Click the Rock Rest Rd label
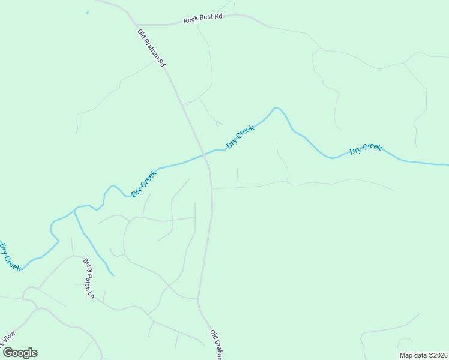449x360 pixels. (x=203, y=18)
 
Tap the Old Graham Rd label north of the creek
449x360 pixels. (x=151, y=48)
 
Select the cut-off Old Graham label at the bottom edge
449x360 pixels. (x=217, y=344)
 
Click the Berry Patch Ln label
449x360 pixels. (x=89, y=278)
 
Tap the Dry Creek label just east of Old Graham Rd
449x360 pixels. (x=240, y=137)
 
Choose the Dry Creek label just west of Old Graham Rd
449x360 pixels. (x=144, y=184)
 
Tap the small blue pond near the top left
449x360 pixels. (x=88, y=12)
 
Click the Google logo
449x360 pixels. (x=20, y=353)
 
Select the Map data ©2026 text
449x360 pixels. (x=423, y=355)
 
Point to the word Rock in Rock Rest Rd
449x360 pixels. (x=191, y=19)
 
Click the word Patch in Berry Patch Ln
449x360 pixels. (x=89, y=278)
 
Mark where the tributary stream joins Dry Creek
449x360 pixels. (x=74, y=210)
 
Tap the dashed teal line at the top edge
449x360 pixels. (x=223, y=7)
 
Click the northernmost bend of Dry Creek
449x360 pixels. (x=276, y=108)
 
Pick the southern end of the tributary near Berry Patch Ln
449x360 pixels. (x=112, y=274)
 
